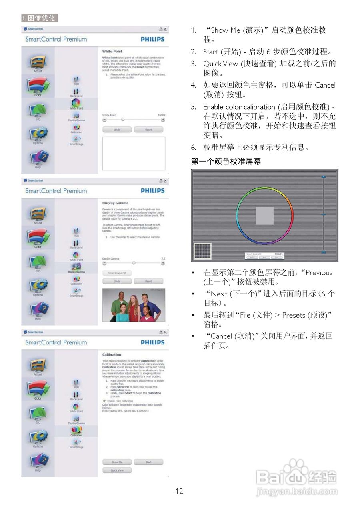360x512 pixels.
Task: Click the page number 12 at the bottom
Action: pyautogui.click(x=179, y=491)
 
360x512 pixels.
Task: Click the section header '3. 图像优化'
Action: pyautogui.click(x=39, y=18)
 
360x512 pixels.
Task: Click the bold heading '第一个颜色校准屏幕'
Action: pyautogui.click(x=226, y=162)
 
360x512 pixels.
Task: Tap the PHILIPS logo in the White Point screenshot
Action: pyautogui.click(x=152, y=39)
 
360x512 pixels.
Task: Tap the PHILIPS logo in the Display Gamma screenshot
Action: pyautogui.click(x=152, y=191)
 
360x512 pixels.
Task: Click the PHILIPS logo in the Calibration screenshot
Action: pyautogui.click(x=152, y=342)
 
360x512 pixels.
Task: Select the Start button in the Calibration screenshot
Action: pyautogui.click(x=148, y=462)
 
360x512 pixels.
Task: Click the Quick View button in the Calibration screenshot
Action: pyautogui.click(x=117, y=470)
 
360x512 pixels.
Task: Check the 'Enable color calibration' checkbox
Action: pyautogui.click(x=104, y=401)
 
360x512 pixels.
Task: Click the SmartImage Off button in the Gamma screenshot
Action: pyautogui.click(x=117, y=273)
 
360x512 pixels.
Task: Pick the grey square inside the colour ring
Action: pyautogui.click(x=264, y=216)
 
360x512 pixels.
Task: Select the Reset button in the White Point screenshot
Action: pyautogui.click(x=148, y=130)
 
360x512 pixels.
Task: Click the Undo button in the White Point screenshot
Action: pyautogui.click(x=117, y=130)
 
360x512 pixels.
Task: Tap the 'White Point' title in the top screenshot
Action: pyautogui.click(x=112, y=52)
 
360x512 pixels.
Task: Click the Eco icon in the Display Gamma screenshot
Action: pyautogui.click(x=38, y=263)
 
